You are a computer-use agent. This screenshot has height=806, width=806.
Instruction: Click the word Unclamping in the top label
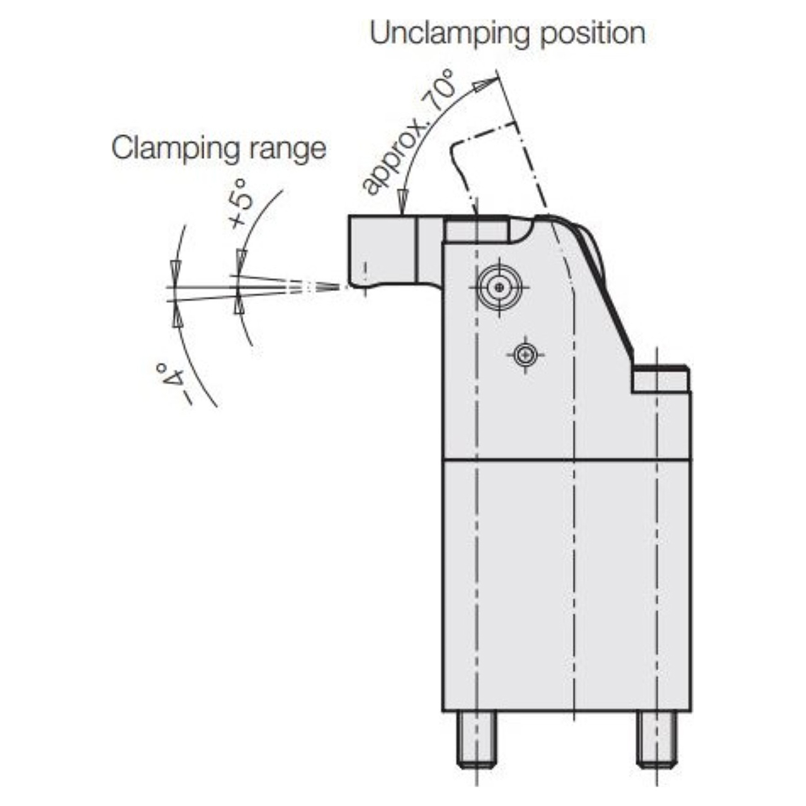pyautogui.click(x=450, y=35)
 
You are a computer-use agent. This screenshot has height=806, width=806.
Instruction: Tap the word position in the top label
pyautogui.click(x=593, y=35)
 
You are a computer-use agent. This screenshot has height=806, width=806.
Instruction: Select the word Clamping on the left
pyautogui.click(x=176, y=149)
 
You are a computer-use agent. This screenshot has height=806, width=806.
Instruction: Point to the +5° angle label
pyautogui.click(x=242, y=203)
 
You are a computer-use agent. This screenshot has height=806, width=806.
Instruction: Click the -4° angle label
pyautogui.click(x=173, y=383)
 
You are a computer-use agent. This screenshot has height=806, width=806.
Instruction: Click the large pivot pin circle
pyautogui.click(x=499, y=287)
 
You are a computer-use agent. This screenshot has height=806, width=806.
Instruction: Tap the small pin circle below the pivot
pyautogui.click(x=526, y=355)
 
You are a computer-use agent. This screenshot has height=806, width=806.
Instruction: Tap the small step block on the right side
pyautogui.click(x=661, y=379)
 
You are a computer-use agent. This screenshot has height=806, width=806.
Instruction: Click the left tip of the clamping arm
pyautogui.click(x=349, y=285)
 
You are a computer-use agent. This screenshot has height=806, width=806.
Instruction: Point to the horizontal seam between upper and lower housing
pyautogui.click(x=567, y=460)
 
